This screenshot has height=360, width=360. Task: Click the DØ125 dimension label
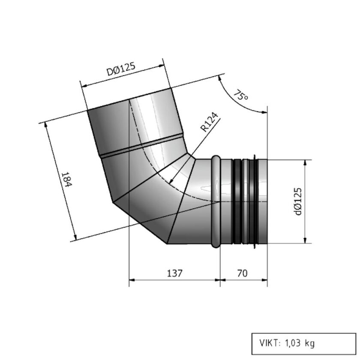tap(121, 69)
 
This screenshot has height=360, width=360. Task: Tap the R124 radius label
tap(210, 122)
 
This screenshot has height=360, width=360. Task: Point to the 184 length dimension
tap(65, 179)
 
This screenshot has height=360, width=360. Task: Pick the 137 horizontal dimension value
tap(175, 273)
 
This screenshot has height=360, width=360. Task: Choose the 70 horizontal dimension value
tap(243, 273)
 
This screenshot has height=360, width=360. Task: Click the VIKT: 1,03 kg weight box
tap(304, 343)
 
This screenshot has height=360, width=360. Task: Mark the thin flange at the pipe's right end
tap(256, 201)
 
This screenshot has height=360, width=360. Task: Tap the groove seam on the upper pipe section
tap(141, 145)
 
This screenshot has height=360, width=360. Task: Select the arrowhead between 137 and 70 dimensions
tap(220, 281)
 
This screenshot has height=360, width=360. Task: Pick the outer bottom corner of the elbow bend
tap(166, 244)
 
